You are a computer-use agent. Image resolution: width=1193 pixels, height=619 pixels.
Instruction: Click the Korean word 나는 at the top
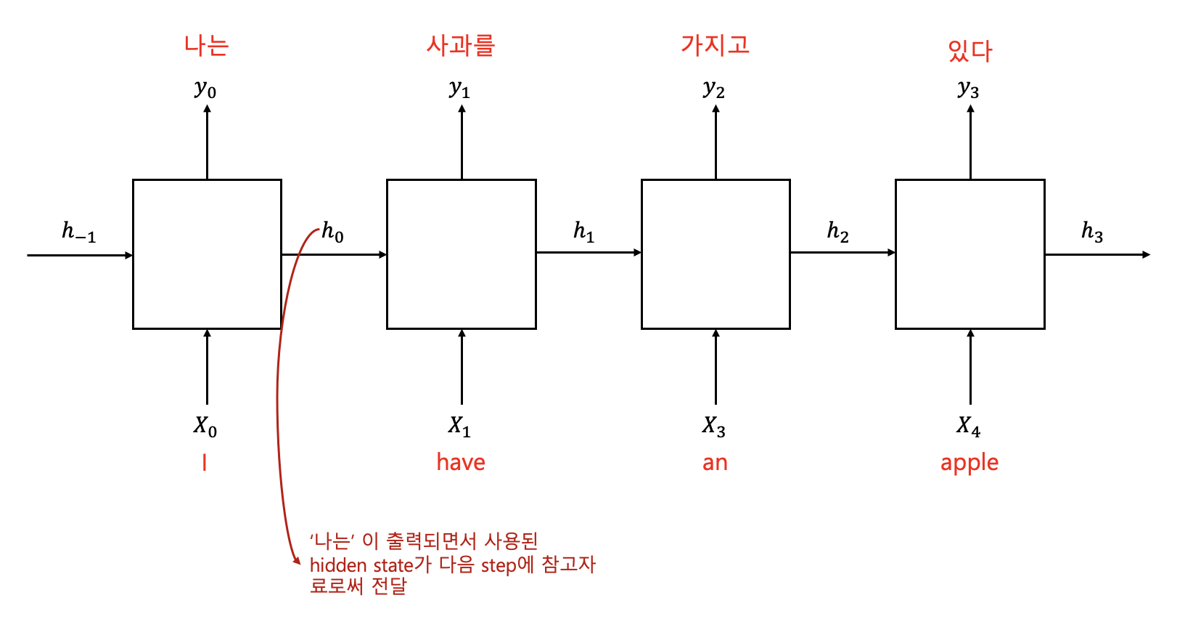pos(207,46)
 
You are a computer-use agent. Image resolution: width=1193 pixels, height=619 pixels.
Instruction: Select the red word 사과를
pos(461,46)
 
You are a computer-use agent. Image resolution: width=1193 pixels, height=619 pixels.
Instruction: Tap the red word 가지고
pos(715,45)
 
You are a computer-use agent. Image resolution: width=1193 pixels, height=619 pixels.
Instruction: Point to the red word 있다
pos(969,50)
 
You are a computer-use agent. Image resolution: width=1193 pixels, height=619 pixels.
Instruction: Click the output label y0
pos(205,89)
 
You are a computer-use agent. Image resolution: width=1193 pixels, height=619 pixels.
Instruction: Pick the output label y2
pos(714,89)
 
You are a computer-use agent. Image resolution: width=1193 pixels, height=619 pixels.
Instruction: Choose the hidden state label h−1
pos(78,232)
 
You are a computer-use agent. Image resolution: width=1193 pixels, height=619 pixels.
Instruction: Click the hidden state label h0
pos(332,232)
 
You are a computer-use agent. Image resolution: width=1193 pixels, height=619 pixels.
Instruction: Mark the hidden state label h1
pos(583,232)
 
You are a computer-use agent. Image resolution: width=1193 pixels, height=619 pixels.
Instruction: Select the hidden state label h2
pos(837,232)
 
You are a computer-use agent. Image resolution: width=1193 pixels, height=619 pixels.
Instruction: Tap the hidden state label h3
pos(1092,232)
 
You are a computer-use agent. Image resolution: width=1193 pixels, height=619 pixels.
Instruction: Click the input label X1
pos(459,426)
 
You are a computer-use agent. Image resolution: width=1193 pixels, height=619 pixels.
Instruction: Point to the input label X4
pos(969,426)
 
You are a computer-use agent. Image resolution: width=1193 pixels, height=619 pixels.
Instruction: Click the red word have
pos(461,462)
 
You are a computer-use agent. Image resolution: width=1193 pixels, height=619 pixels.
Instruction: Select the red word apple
pos(969,463)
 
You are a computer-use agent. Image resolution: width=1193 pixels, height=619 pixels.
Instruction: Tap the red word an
pos(715,463)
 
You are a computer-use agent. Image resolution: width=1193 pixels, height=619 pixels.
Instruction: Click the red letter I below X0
pos(205,463)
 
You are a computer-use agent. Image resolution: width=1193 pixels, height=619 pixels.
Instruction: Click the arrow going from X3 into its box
pos(716,367)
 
